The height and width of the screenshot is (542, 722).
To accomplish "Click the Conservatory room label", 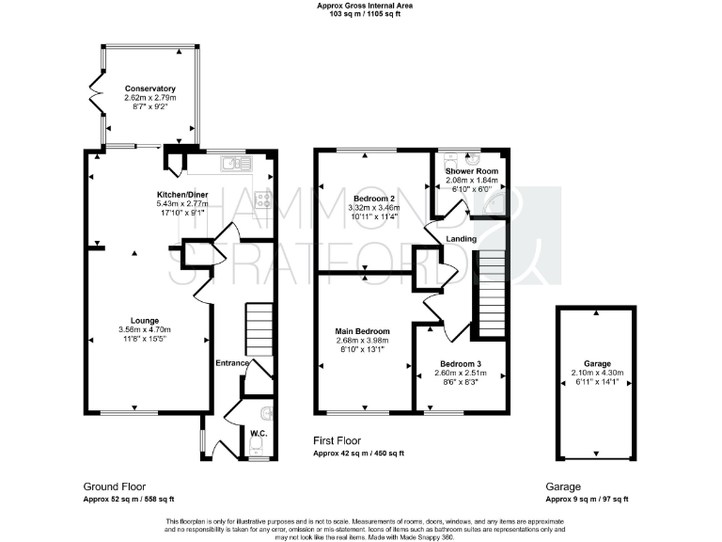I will pyautogui.click(x=149, y=88).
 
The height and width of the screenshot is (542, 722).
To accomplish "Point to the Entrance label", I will pyautogui.click(x=232, y=363).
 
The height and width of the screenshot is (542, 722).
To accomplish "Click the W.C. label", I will pyautogui.click(x=259, y=433).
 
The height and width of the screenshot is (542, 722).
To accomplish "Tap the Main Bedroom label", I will pyautogui.click(x=362, y=331).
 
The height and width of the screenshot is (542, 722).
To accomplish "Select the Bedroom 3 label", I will pyautogui.click(x=458, y=363).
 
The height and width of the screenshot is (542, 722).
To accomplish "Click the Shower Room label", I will pyautogui.click(x=472, y=170).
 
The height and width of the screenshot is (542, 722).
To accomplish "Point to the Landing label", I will pyautogui.click(x=462, y=239).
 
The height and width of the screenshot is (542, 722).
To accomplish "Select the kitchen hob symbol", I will pyautogui.click(x=264, y=199).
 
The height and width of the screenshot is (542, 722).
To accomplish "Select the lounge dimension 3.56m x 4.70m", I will pyautogui.click(x=132, y=329).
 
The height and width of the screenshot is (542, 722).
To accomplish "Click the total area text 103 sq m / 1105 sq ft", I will pyautogui.click(x=366, y=15).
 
